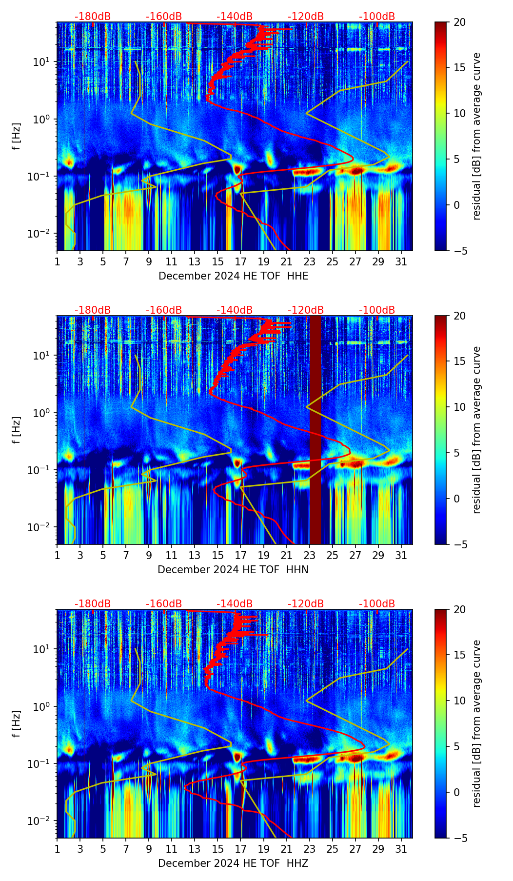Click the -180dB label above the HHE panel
pyautogui.click(x=93, y=17)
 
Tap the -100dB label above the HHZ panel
pyautogui.click(x=377, y=604)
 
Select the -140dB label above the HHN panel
pyautogui.click(x=235, y=310)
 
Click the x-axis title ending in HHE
pyautogui.click(x=233, y=276)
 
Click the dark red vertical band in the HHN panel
pyautogui.click(x=316, y=429)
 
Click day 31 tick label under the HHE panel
pyautogui.click(x=401, y=262)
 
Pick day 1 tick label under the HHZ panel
pyautogui.click(x=57, y=849)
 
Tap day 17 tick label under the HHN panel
pyautogui.click(x=241, y=556)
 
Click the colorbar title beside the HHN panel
pyautogui.click(x=477, y=430)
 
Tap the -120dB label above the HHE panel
pyautogui.click(x=306, y=17)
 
